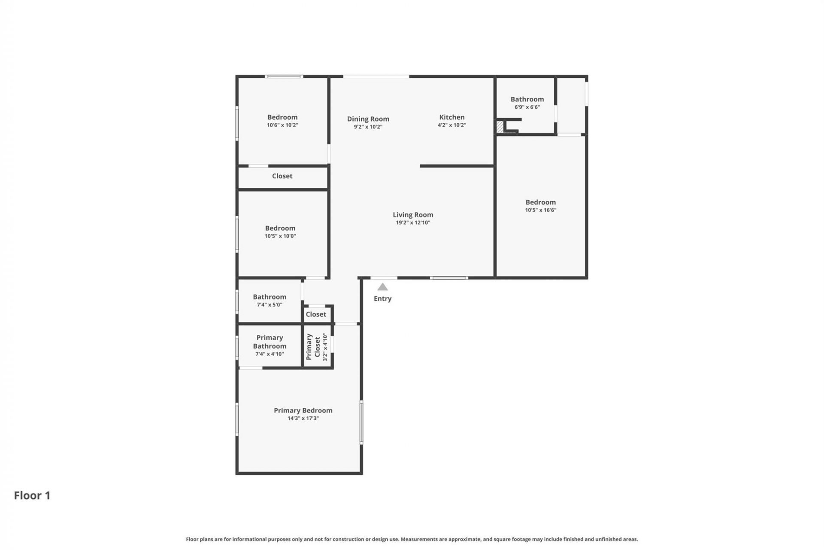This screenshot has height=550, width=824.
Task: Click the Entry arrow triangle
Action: click(x=382, y=287)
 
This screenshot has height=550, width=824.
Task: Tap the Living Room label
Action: click(x=413, y=214)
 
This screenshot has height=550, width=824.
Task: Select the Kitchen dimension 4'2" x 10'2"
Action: click(x=451, y=125)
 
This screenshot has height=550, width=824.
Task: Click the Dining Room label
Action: click(x=368, y=119)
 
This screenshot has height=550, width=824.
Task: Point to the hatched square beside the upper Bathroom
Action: click(x=500, y=127)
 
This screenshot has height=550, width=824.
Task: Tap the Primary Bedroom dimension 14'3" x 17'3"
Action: click(x=303, y=418)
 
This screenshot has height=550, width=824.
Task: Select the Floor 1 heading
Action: click(x=32, y=495)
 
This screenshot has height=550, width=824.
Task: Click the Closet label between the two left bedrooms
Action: click(x=282, y=176)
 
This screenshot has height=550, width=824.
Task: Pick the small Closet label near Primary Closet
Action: click(x=316, y=314)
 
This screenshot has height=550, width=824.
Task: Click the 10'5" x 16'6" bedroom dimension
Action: click(x=540, y=210)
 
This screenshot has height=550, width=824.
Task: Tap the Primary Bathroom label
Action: click(x=270, y=342)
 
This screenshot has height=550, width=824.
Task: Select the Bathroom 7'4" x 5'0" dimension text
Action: click(x=270, y=305)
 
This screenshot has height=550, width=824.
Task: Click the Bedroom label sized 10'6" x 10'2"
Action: click(x=282, y=117)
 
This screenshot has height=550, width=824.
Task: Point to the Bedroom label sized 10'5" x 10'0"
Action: click(x=280, y=228)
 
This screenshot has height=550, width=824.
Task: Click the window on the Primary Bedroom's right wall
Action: click(x=361, y=422)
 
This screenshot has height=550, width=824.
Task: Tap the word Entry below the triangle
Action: click(x=382, y=299)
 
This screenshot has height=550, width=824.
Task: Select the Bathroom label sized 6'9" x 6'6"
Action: click(x=527, y=99)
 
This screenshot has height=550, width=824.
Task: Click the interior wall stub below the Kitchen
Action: click(x=457, y=166)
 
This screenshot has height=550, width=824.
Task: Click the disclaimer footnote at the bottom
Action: click(x=412, y=539)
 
